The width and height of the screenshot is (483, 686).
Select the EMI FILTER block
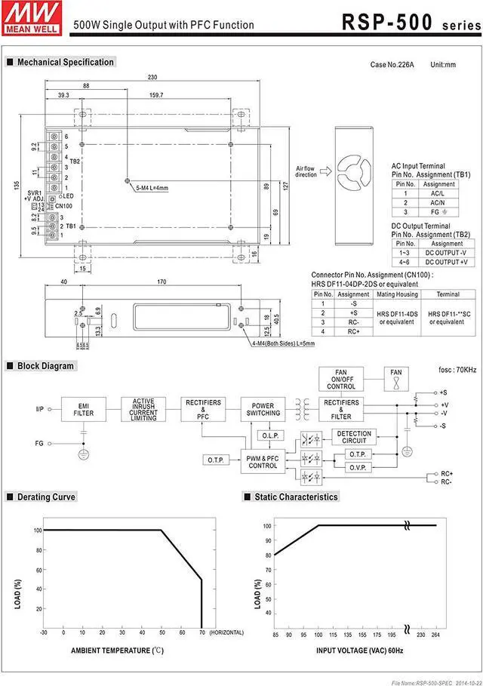[x=84, y=409]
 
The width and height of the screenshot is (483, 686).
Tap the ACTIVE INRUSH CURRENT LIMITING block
[x=143, y=409]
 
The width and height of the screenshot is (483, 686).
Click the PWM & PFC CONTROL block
[x=263, y=461]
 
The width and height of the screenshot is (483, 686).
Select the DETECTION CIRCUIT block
[x=354, y=437]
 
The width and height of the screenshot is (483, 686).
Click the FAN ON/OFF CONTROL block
[x=341, y=379]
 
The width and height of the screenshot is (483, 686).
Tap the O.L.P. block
[x=269, y=435]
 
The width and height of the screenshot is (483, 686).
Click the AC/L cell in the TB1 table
[x=438, y=192]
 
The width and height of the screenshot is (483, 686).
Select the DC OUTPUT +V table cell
[x=447, y=262]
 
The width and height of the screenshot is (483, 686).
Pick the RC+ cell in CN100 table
[x=353, y=331]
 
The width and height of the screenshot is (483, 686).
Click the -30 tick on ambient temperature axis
[x=44, y=632]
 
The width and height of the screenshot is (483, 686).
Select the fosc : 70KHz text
[x=457, y=370]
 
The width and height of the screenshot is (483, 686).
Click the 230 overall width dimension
[x=153, y=77]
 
